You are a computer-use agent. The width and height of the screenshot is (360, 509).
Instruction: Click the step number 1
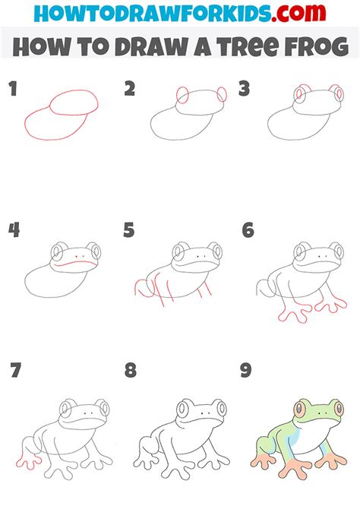click(12, 90)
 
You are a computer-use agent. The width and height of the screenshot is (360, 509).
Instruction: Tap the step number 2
click(130, 90)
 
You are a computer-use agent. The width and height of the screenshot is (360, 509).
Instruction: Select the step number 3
click(245, 90)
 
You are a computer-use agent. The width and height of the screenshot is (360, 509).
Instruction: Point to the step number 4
click(13, 230)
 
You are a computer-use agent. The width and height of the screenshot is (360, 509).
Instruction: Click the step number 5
click(130, 230)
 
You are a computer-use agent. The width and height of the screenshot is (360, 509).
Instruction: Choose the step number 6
click(247, 230)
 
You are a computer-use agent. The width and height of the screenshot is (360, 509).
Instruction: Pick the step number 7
click(14, 371)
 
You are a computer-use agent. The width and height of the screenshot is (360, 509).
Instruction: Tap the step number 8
click(131, 371)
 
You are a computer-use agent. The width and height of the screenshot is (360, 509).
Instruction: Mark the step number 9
click(247, 371)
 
